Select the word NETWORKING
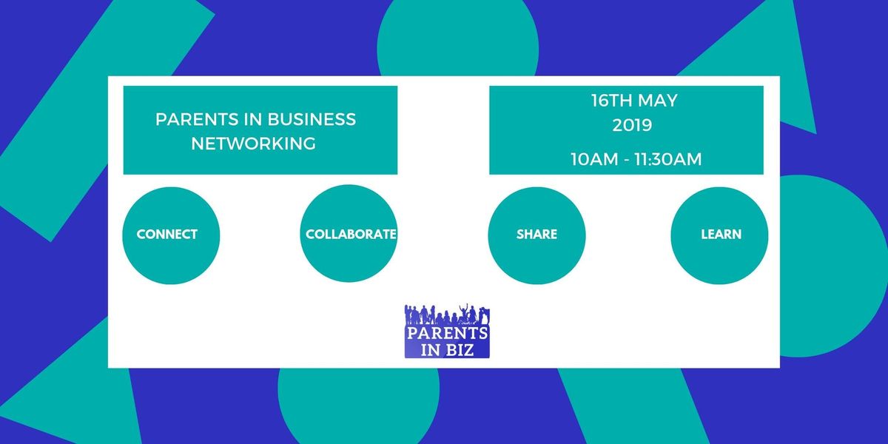coord(254,144)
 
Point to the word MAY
coord(658,101)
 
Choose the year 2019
coord(632,125)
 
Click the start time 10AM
coord(595,159)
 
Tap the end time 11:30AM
coord(668,159)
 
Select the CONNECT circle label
coord(167,235)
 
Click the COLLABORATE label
coord(351,235)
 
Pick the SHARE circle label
coord(536,235)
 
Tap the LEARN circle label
coord(721,235)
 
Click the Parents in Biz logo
coord(447,331)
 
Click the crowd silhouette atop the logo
coord(447,314)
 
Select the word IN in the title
coord(252,119)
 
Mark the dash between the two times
coord(626,160)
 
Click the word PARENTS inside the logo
coord(447,333)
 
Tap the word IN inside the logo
coord(430,351)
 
